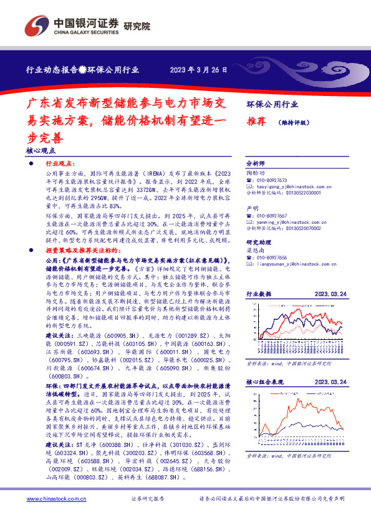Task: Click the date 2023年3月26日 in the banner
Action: tap(199, 70)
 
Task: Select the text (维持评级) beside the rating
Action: tap(294, 123)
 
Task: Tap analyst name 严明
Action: tap(252, 208)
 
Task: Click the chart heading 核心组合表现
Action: tap(264, 382)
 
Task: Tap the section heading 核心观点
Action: tap(41, 150)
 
